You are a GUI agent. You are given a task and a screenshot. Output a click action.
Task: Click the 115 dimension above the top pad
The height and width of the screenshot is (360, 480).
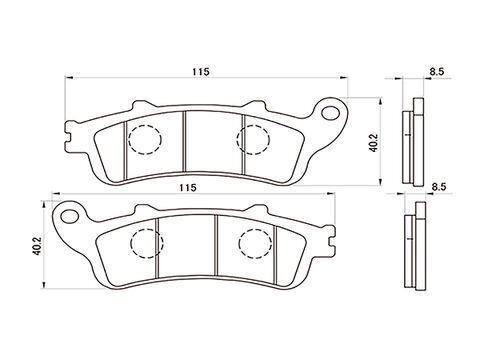point(200,71)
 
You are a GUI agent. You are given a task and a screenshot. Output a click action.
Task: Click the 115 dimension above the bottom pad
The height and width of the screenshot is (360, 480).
point(187,187)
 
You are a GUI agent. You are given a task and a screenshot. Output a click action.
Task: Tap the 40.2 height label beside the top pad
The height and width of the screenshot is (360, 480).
point(373,143)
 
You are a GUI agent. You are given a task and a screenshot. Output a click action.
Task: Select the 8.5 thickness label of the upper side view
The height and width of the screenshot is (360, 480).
point(437,72)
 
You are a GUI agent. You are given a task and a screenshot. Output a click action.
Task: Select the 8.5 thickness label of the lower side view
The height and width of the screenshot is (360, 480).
point(439,187)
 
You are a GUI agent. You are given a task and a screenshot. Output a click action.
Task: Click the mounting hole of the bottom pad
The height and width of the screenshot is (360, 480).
point(70,216)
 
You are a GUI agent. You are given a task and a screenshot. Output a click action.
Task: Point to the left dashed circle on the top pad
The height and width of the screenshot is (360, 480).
point(145,139)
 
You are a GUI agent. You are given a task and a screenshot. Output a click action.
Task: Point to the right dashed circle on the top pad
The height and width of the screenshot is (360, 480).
point(253,139)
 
